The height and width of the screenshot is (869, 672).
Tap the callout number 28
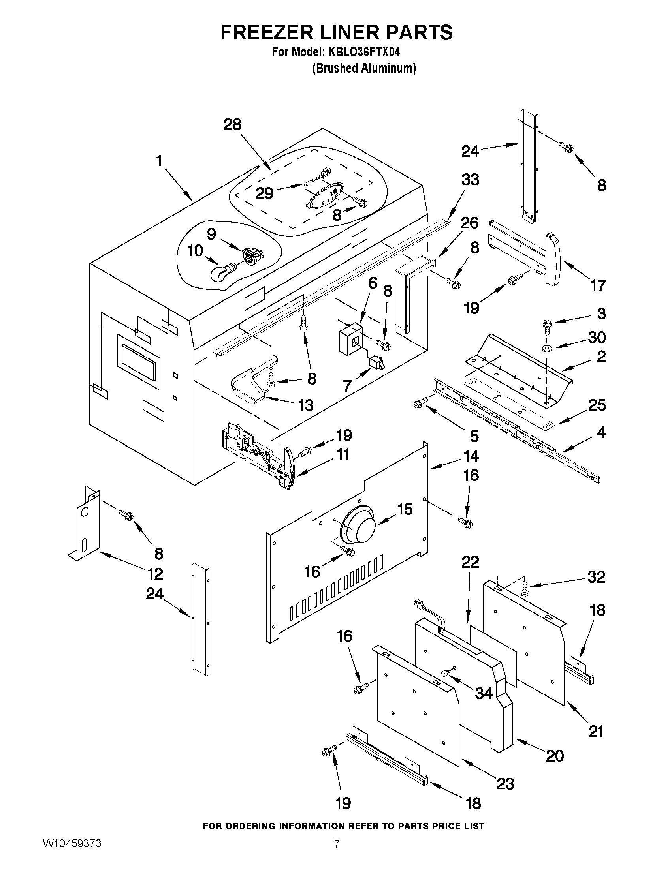click(x=232, y=124)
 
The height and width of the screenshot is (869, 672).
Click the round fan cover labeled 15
click(x=358, y=526)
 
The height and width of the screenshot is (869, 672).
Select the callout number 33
click(x=470, y=180)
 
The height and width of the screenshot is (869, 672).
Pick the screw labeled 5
click(x=420, y=402)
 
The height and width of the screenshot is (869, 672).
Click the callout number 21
click(x=596, y=731)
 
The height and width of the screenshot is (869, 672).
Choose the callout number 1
click(x=159, y=161)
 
